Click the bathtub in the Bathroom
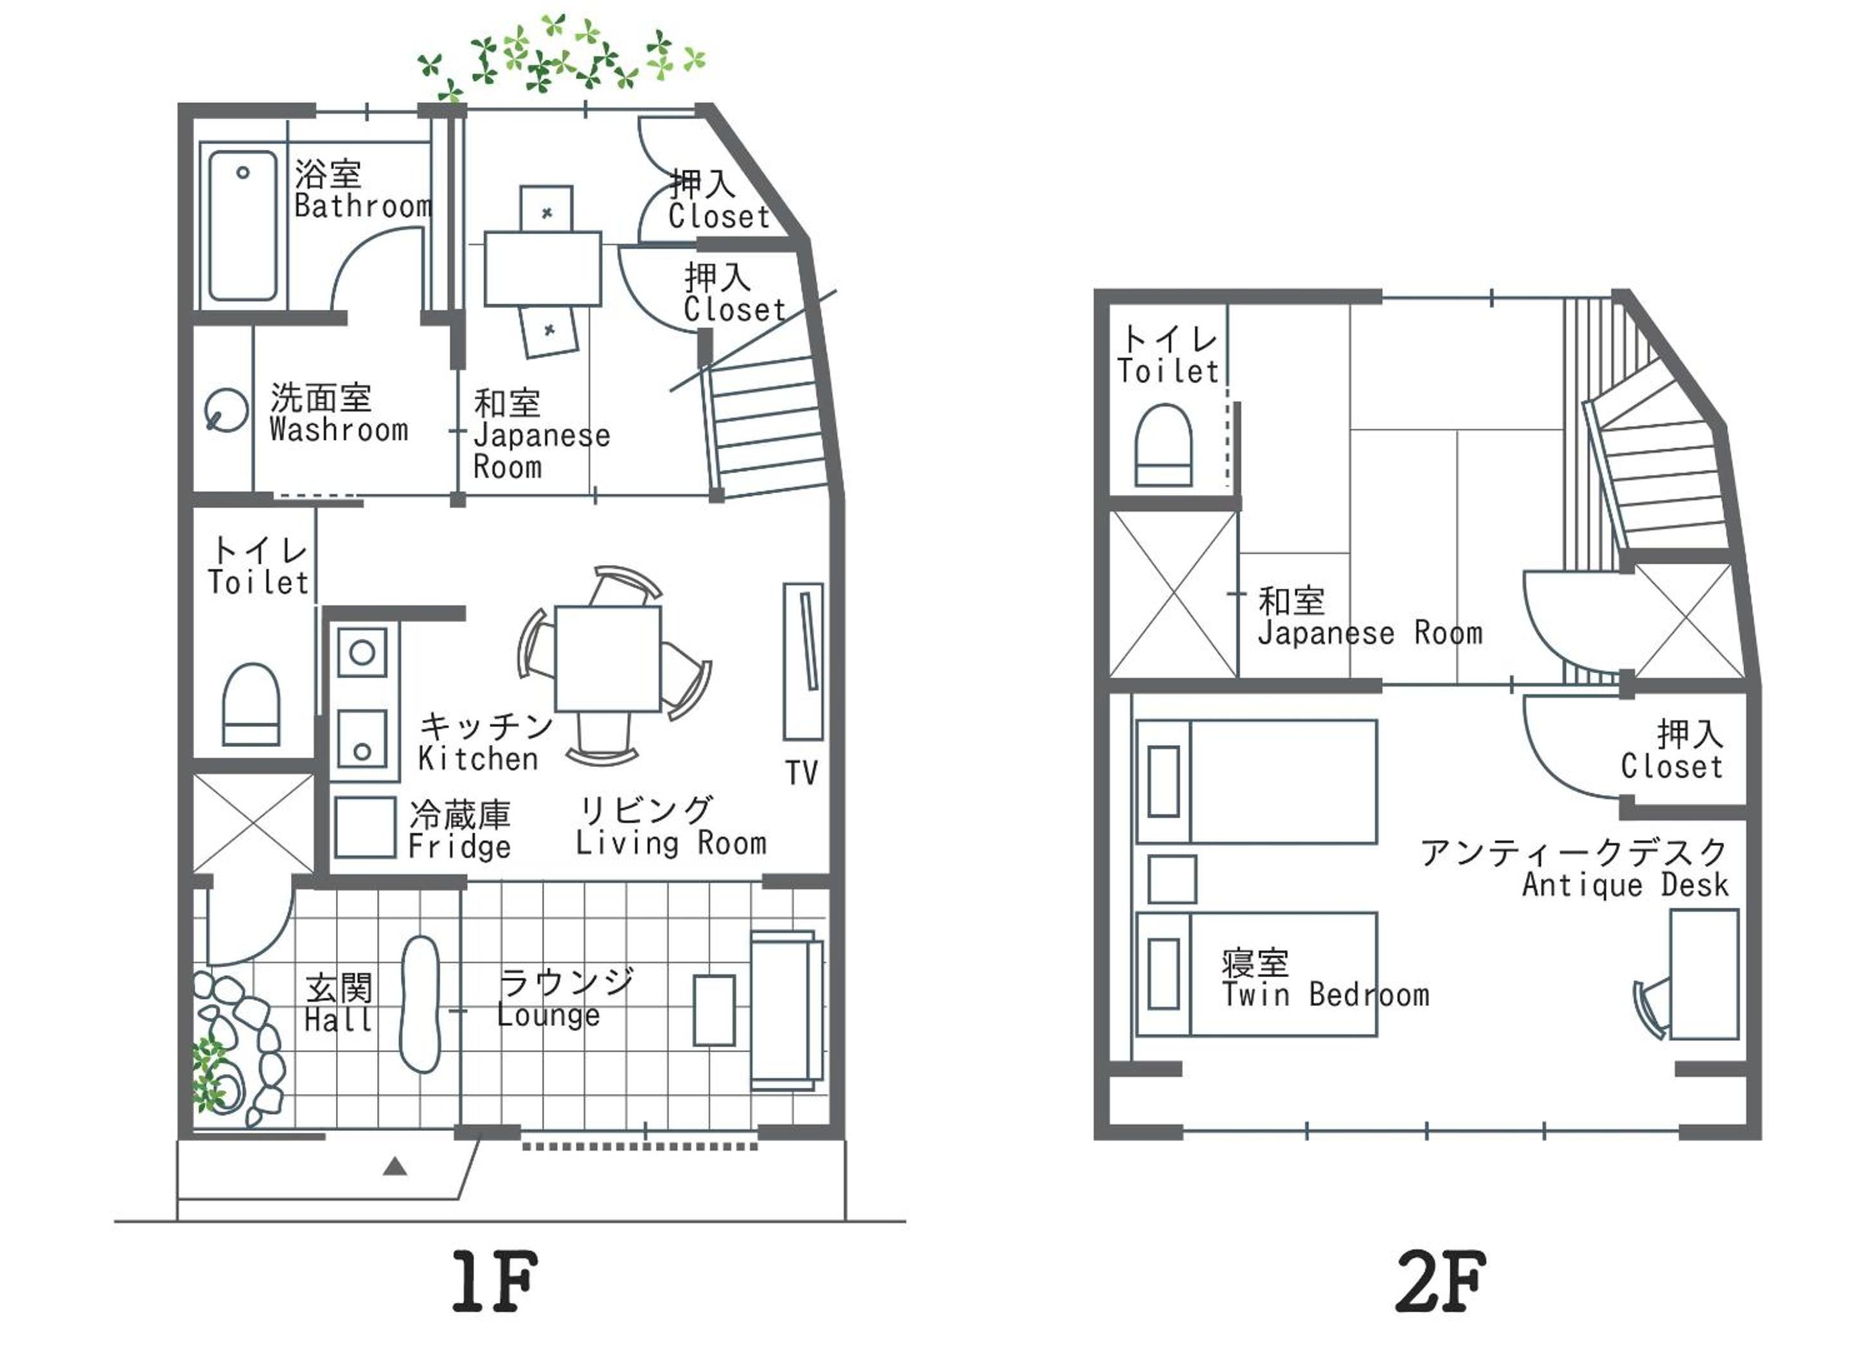[x=242, y=226]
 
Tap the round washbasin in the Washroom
[x=226, y=410]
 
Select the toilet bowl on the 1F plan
[x=251, y=705]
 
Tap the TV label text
[x=801, y=773]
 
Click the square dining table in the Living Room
[x=608, y=658]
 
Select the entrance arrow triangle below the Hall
[x=395, y=1166]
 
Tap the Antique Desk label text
[x=1624, y=885]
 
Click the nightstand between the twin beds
[x=1172, y=879]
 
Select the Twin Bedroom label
[x=1325, y=995]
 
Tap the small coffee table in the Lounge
[x=715, y=1011]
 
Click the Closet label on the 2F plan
[x=1671, y=767]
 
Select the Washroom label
[x=339, y=430]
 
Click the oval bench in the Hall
[x=420, y=1005]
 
